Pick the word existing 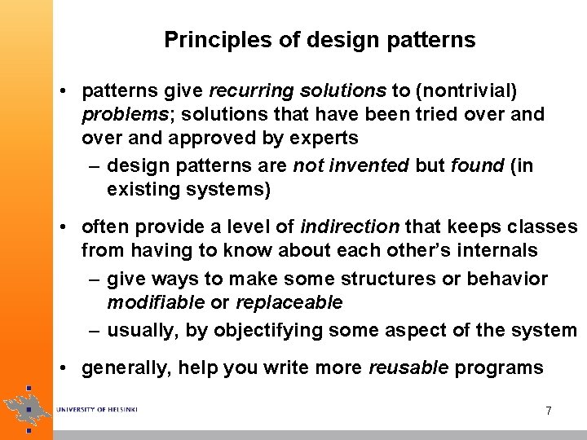coord(140,190)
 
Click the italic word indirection coord(351,227)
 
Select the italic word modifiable coord(156,302)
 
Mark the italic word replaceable coord(289,302)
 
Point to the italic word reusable coord(408,367)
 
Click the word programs coord(498,367)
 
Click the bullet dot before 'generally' coord(64,367)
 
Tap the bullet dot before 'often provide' coord(64,227)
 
